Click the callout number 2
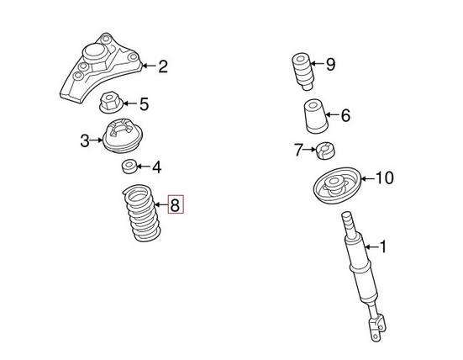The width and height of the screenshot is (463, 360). click(163, 65)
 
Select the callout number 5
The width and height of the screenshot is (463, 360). click(144, 105)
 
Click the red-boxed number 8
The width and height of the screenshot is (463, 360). click(175, 204)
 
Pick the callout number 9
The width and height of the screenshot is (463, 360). click(330, 65)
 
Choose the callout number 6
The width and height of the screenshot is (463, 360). click(345, 116)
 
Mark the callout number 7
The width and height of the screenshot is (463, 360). click(297, 151)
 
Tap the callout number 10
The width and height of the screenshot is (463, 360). click(383, 178)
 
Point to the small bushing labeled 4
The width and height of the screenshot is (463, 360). click(130, 165)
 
